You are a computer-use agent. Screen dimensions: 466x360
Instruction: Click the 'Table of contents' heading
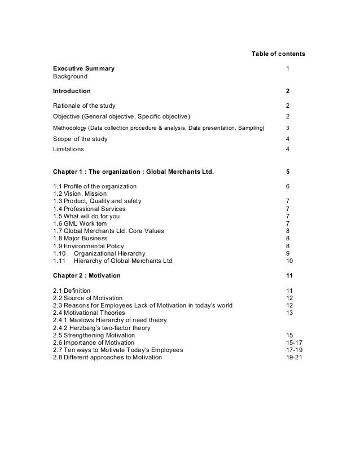point(278,54)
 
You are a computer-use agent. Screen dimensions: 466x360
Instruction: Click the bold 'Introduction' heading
point(71,91)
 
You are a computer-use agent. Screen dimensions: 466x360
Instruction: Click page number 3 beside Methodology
point(288,128)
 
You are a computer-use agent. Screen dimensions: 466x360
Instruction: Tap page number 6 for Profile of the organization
point(288,186)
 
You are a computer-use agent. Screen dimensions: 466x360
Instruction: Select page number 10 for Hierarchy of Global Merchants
point(290,261)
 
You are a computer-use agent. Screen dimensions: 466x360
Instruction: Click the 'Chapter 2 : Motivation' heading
point(86,275)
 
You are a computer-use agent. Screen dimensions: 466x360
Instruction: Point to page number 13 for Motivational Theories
point(290,313)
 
